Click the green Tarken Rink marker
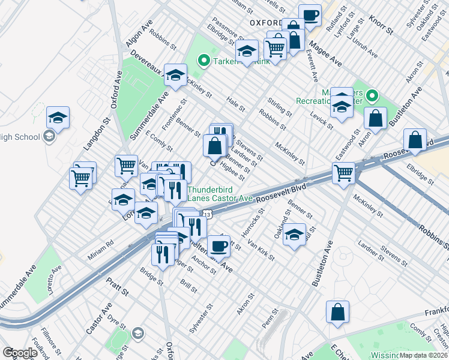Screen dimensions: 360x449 coord(203,60)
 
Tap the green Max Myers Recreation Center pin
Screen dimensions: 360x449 coord(372,95)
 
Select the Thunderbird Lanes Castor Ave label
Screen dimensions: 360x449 coord(220,192)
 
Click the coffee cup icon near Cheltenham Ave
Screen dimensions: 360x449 coord(218,244)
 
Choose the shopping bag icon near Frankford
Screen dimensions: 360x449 coord(337,311)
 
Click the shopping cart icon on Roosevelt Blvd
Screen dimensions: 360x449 coord(343,173)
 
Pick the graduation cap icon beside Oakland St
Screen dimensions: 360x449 coord(295,234)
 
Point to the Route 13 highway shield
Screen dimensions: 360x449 coord(207,214)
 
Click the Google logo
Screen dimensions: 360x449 coord(20,353)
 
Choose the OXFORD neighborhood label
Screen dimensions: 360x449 coord(265,22)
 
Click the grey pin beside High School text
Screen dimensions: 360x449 coord(49,137)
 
